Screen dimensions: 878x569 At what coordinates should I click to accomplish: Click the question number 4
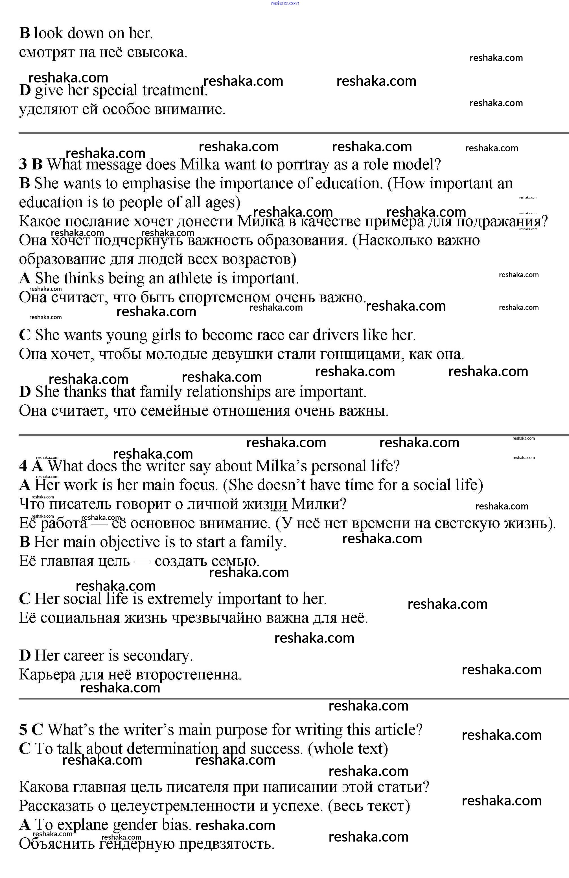pos(23,466)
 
